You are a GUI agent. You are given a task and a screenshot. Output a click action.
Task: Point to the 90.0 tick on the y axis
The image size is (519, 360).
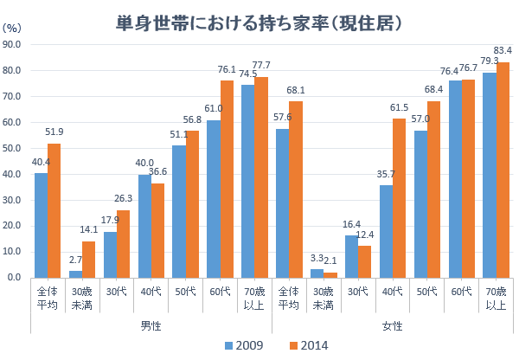pos(12,44)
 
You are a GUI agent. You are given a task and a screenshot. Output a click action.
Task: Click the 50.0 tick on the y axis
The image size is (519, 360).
pos(12,148)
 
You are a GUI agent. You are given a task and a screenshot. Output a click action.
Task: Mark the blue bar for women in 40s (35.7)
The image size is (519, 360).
pos(386,231)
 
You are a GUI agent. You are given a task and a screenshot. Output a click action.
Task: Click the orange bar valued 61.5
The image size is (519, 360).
pos(400,198)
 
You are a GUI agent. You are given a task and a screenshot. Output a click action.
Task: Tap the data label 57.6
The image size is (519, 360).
pos(283,116)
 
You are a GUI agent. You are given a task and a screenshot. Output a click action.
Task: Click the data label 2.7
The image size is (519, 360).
pos(75,259)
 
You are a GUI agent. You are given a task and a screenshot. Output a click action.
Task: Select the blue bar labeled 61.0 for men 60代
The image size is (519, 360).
pos(214,199)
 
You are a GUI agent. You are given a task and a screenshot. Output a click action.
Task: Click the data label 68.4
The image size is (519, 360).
pos(433,90)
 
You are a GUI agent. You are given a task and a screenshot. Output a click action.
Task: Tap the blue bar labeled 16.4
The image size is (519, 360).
pos(351,256)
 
